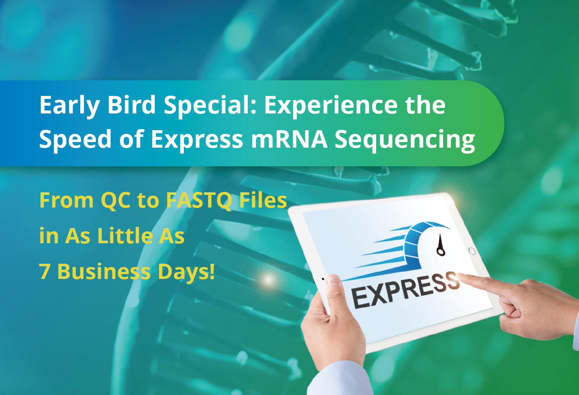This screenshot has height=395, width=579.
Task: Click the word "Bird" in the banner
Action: click(131, 105)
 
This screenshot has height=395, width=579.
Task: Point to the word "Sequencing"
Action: click(405, 141)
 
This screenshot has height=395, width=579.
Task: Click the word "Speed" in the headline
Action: click(75, 140)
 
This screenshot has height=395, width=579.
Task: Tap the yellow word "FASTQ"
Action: click(199, 200)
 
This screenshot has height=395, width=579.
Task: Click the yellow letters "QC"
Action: click(116, 200)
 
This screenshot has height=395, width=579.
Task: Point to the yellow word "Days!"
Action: click(186, 273)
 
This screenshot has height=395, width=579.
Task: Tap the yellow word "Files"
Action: click(263, 200)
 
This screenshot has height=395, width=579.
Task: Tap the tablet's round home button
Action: click(472, 251)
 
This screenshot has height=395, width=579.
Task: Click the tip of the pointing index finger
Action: click(458, 275)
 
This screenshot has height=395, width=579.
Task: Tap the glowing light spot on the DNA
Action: click(268, 280)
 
